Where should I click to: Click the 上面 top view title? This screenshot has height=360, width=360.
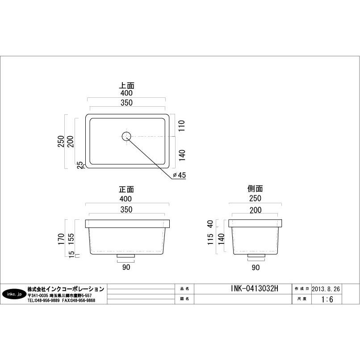(126, 86)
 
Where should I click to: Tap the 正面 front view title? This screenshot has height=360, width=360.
(126, 189)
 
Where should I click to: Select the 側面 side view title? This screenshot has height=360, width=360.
(255, 189)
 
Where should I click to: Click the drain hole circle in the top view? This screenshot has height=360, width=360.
(126, 136)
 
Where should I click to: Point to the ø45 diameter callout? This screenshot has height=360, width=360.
(179, 175)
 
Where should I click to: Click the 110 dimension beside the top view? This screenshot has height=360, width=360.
(182, 126)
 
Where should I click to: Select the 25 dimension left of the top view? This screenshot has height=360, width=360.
(80, 165)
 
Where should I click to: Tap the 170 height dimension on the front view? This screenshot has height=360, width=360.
(61, 239)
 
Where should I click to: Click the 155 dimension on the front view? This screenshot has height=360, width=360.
(71, 239)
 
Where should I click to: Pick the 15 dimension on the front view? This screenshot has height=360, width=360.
(71, 255)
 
